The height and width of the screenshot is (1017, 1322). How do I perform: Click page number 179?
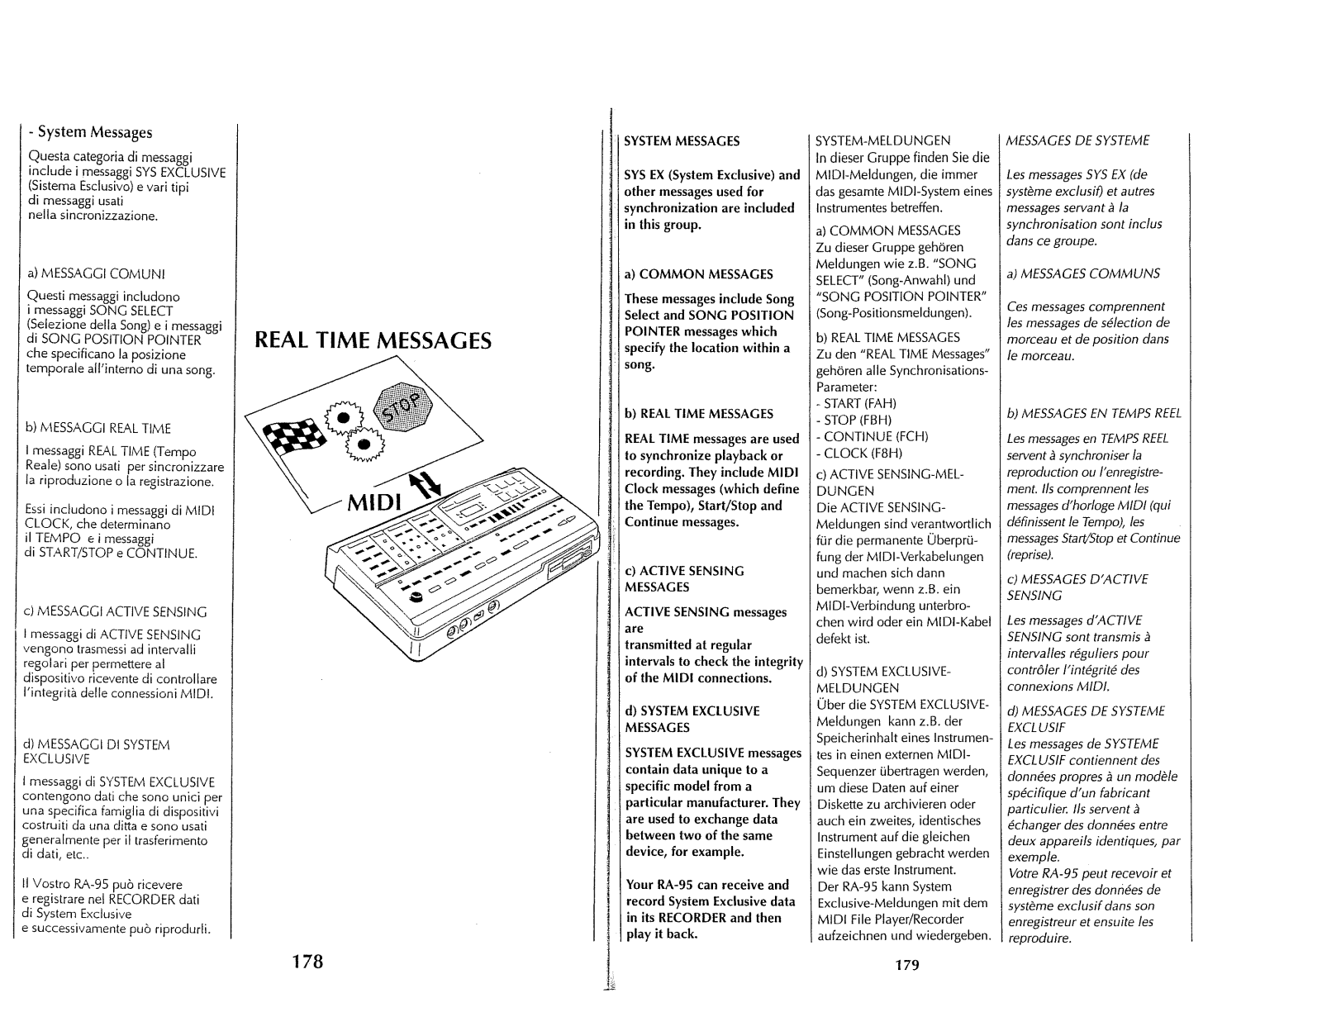click(906, 964)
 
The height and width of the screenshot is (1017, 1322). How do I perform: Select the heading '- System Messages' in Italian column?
click(90, 132)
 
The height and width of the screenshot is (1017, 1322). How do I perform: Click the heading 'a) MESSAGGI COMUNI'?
click(86, 273)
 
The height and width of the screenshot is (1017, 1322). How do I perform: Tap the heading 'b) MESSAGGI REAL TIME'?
click(99, 428)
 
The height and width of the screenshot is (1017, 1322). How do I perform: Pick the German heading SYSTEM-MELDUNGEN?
click(882, 140)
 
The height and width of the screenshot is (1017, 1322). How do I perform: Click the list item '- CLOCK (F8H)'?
click(858, 453)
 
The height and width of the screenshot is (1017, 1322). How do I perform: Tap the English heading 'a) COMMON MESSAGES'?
click(699, 273)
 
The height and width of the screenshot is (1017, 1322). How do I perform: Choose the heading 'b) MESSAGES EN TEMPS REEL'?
click(1094, 413)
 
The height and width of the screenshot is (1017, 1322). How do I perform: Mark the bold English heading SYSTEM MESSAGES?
click(682, 141)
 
